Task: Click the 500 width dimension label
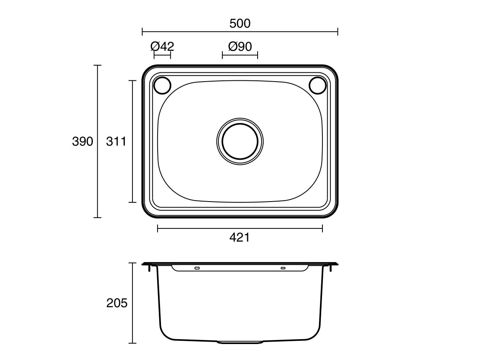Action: click(x=240, y=24)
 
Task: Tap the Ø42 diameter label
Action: click(x=162, y=46)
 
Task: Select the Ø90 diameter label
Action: click(x=240, y=46)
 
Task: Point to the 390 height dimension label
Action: click(x=82, y=141)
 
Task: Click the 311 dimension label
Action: click(x=116, y=141)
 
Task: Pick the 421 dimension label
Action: click(x=240, y=238)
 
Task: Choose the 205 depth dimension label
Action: click(x=117, y=303)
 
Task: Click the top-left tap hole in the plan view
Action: click(x=162, y=85)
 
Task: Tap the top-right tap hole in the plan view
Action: click(x=318, y=85)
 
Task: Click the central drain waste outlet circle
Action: click(x=240, y=141)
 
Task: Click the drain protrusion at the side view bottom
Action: click(x=240, y=342)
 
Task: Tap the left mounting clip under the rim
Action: click(x=150, y=269)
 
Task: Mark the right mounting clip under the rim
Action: click(x=331, y=269)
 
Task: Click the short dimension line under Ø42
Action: click(x=162, y=55)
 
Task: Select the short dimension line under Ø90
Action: click(x=240, y=55)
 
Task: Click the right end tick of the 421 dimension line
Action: click(x=322, y=228)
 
